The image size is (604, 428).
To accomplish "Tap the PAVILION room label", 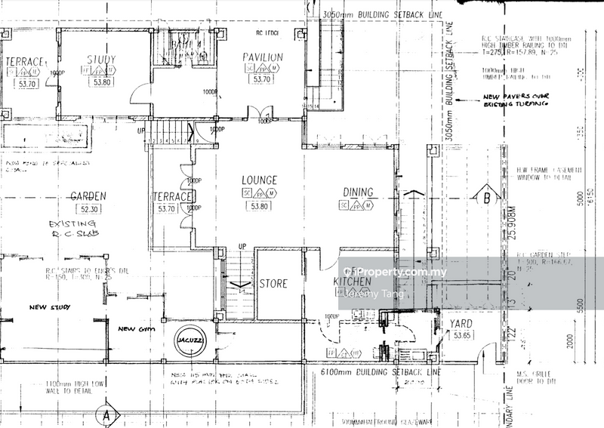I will click(263, 57).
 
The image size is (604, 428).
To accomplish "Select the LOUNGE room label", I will click(259, 180).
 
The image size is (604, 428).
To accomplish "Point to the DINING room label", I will click(359, 192).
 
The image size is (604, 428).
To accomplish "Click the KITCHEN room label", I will click(352, 282).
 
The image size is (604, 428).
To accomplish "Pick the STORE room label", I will click(273, 284).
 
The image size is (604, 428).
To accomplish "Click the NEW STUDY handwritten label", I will click(49, 307).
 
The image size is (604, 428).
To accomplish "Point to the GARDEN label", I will click(88, 196).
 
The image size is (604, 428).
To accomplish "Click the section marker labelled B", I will click(487, 199).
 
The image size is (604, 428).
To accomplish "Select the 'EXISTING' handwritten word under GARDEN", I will click(72, 224).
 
